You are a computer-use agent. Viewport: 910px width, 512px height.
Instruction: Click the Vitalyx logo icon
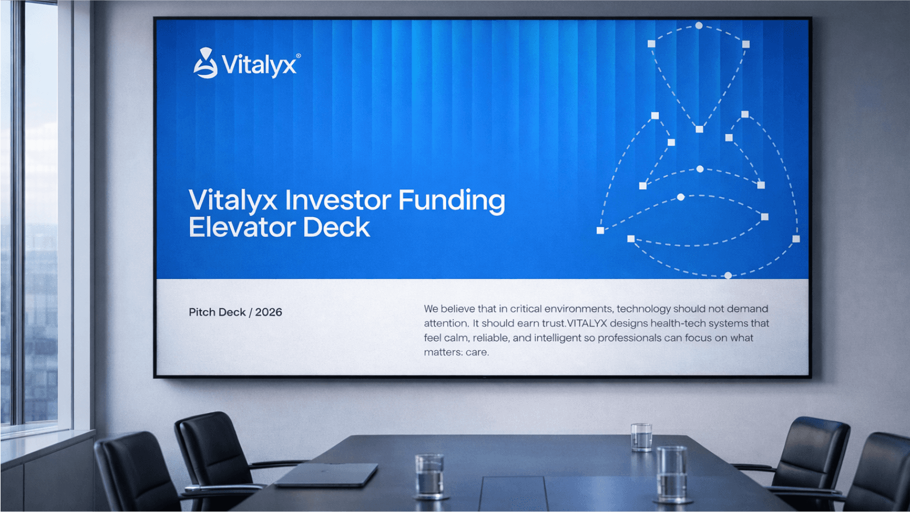point(205,63)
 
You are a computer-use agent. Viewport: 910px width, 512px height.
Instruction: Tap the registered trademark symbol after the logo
point(298,56)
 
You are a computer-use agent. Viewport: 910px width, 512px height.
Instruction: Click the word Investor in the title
point(338,200)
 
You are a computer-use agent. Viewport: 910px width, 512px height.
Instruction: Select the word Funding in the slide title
point(451,201)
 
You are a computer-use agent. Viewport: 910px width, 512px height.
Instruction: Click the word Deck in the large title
point(336,227)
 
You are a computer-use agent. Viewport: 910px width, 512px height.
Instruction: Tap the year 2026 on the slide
point(268,312)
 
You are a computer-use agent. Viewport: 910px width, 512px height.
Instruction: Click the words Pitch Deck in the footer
point(217,312)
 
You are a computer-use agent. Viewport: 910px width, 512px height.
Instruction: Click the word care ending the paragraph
point(476,352)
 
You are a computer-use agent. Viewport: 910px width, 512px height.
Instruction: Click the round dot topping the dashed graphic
point(699,26)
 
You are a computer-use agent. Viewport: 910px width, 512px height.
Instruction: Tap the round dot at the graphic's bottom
point(728,276)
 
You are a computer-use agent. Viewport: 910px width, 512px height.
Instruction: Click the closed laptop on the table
point(327,474)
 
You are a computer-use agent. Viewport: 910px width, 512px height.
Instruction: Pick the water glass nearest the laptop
point(429,476)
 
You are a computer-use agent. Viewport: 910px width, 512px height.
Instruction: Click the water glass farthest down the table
point(641,437)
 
